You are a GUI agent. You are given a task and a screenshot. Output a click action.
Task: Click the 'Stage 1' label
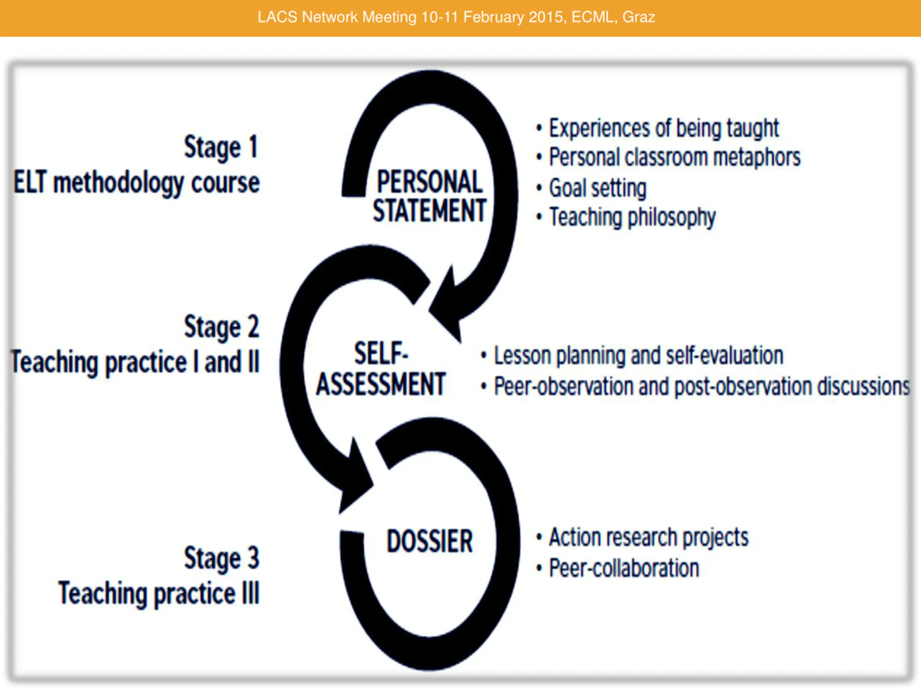[222, 147]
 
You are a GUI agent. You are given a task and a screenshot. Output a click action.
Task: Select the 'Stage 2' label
[222, 327]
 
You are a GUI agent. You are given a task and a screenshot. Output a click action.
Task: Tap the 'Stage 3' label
[222, 558]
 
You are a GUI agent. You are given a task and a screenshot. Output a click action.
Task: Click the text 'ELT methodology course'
[137, 183]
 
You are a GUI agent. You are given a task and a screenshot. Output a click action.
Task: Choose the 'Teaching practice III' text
[159, 593]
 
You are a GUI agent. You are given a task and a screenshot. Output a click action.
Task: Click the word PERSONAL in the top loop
[429, 182]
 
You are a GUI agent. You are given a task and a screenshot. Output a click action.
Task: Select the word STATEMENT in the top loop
[429, 211]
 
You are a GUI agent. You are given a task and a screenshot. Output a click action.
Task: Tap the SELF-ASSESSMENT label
[381, 369]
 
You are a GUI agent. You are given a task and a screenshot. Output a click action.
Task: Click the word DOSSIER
[430, 541]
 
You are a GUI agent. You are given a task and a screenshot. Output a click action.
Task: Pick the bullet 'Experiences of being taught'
[664, 128]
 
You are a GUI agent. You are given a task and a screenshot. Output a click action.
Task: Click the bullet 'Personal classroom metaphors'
[675, 157]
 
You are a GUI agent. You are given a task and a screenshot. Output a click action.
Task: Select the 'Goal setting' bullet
[598, 188]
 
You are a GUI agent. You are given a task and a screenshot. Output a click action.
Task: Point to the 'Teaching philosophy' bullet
[632, 217]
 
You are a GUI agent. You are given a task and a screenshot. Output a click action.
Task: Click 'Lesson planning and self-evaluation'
[638, 356]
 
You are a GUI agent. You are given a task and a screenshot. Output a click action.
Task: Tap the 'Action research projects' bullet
[649, 537]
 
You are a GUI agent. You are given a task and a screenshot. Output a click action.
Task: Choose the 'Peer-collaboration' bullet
[624, 568]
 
